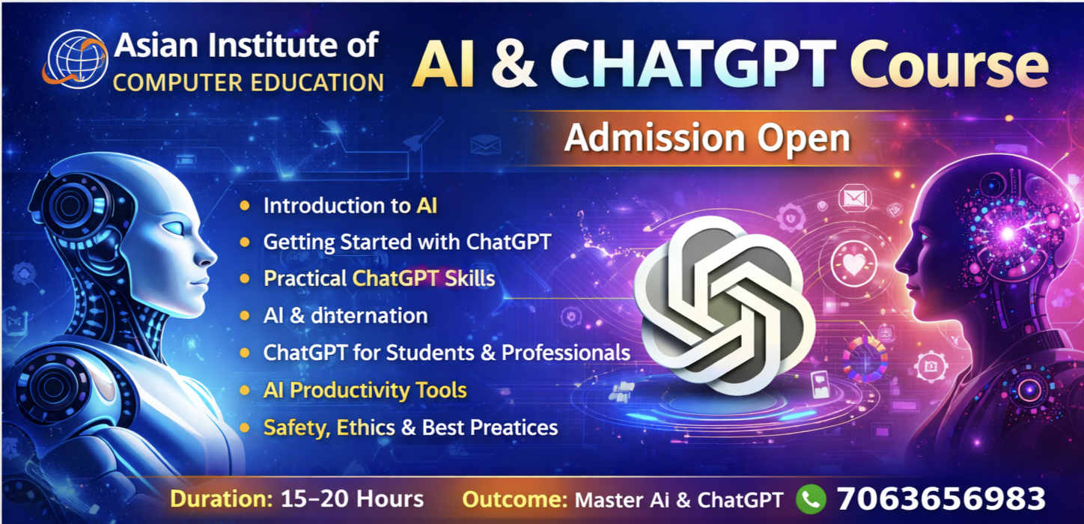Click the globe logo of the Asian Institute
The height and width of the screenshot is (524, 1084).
(x=76, y=60)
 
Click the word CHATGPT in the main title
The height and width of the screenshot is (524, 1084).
(x=692, y=64)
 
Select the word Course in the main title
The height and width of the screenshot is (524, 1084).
(x=949, y=66)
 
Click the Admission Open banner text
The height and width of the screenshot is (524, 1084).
(x=707, y=138)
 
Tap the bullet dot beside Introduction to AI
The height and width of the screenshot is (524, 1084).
(x=245, y=206)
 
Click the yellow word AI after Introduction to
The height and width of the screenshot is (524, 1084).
(x=427, y=206)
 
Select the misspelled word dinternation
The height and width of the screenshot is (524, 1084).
(x=369, y=315)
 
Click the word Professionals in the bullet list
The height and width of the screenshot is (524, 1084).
(x=566, y=353)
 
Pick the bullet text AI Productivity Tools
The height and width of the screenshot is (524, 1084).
(x=365, y=390)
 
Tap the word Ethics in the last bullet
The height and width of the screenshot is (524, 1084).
(x=366, y=427)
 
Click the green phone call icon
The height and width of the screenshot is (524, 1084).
(x=811, y=499)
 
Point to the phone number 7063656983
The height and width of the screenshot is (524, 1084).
(x=941, y=499)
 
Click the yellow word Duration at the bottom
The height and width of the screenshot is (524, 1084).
(x=222, y=499)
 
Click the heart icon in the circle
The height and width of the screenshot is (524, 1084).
(x=854, y=263)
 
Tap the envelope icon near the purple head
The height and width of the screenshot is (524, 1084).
(x=855, y=198)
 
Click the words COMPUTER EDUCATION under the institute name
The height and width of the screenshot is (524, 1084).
(x=249, y=83)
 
